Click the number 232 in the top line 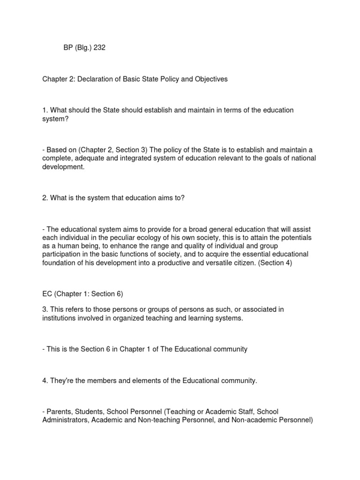(99, 47)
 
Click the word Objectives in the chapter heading (210, 79)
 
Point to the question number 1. (45, 110)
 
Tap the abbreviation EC (47, 294)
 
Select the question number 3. (45, 310)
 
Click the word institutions (60, 318)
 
